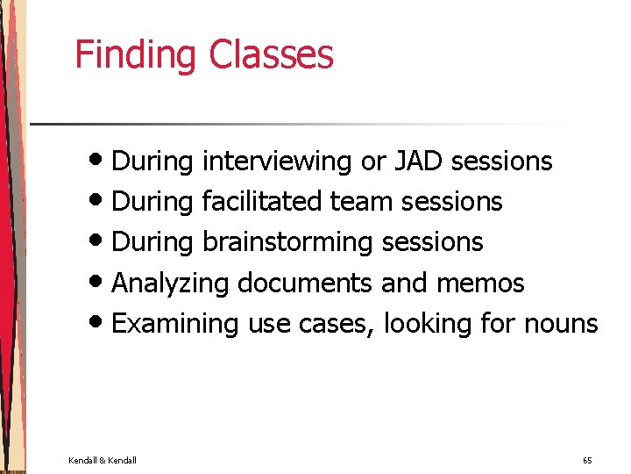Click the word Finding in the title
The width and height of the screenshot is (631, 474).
click(x=136, y=54)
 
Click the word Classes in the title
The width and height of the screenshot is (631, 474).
click(x=271, y=54)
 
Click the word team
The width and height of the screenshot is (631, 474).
click(x=361, y=202)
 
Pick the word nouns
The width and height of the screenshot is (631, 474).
click(x=561, y=324)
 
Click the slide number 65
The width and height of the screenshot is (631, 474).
click(x=587, y=460)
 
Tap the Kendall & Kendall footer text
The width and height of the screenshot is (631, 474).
click(x=102, y=460)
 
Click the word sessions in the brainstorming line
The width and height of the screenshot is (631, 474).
click(x=433, y=242)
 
